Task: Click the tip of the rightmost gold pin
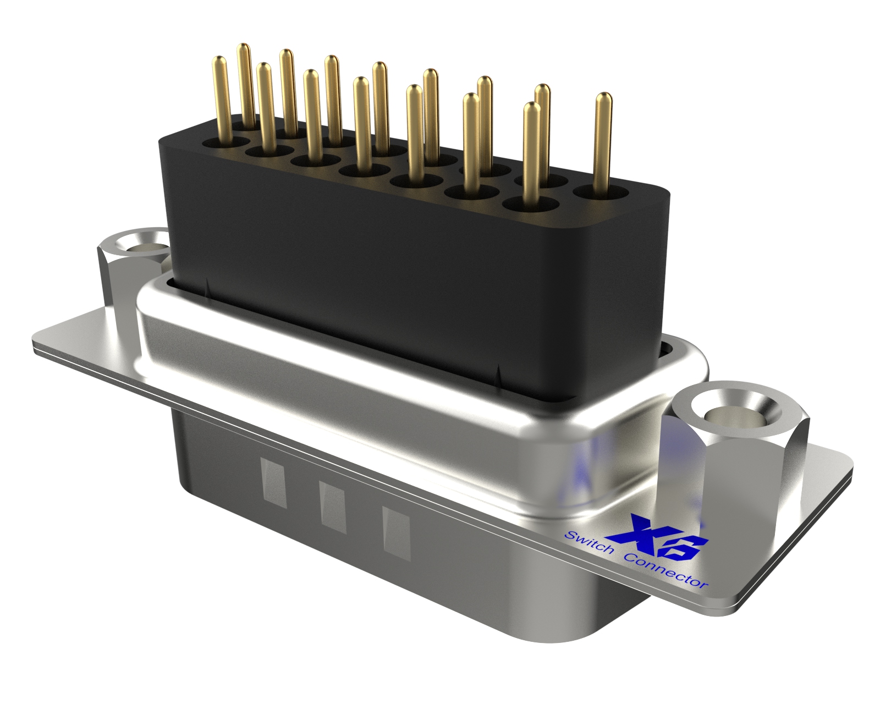pyautogui.click(x=603, y=98)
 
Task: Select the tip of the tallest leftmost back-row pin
pyautogui.click(x=244, y=48)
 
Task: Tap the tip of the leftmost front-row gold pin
pyautogui.click(x=219, y=61)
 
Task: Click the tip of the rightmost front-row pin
pyautogui.click(x=530, y=107)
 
